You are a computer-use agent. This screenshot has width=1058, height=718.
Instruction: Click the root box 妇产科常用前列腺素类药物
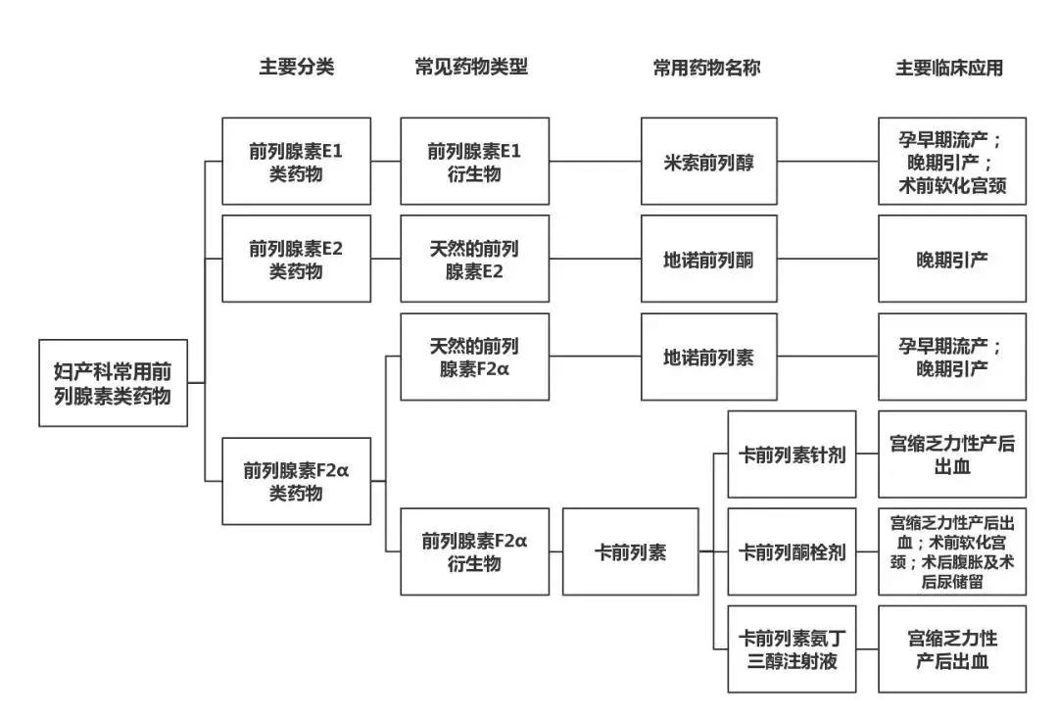coord(113,383)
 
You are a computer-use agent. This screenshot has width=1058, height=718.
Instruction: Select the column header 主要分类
coord(296,68)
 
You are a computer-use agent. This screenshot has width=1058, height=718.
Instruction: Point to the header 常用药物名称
coord(706,68)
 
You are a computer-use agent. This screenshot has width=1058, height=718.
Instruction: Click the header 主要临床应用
coord(948,68)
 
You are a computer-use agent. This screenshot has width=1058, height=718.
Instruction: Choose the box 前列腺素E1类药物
coord(296,162)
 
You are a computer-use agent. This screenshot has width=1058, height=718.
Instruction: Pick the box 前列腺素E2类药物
coord(296,259)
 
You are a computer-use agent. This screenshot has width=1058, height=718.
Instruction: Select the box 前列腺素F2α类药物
coord(296,481)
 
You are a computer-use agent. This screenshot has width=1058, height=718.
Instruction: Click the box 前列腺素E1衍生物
coord(474,162)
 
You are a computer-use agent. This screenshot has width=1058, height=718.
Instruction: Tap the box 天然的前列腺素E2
coord(474,259)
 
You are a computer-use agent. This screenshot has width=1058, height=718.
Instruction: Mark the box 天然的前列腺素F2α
coord(474,357)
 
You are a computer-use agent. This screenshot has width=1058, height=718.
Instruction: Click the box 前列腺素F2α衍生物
coord(474,551)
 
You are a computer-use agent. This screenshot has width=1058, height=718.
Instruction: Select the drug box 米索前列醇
coord(709,162)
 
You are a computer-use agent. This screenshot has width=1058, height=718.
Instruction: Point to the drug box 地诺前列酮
coord(709,259)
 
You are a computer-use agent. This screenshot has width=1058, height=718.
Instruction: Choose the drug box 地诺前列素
coord(709,357)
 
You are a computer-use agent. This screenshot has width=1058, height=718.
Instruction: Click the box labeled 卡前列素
coord(630,551)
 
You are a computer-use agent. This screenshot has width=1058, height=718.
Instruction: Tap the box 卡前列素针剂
coord(792,455)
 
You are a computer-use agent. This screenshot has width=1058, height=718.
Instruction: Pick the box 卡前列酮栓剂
coord(792,551)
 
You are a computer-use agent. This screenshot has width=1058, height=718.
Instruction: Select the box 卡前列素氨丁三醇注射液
coord(792,648)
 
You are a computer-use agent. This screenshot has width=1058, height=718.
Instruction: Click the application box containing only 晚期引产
coord(951,259)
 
